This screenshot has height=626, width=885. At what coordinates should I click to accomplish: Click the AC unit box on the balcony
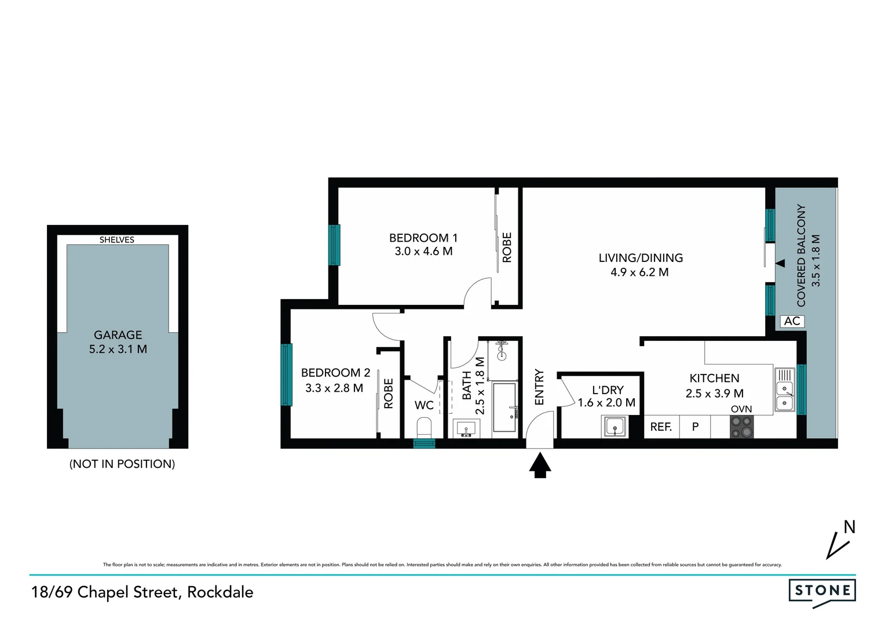[792, 321]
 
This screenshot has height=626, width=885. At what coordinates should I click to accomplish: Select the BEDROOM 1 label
[423, 238]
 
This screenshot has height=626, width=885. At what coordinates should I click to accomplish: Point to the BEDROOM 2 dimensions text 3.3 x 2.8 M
[334, 388]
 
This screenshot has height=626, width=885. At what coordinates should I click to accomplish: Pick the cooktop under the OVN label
[742, 427]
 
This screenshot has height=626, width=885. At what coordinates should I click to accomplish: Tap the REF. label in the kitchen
[661, 427]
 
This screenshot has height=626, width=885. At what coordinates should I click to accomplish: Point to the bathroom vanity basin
[466, 429]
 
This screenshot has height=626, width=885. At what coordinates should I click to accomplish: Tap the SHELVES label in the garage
[117, 239]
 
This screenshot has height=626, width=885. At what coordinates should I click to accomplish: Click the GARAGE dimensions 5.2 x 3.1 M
[118, 350]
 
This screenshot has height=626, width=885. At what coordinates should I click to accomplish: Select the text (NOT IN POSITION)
[122, 464]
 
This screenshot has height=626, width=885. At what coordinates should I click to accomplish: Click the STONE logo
[822, 591]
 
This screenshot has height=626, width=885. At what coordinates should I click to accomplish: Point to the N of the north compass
[849, 527]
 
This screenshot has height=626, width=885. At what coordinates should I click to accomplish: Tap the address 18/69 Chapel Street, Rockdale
[142, 592]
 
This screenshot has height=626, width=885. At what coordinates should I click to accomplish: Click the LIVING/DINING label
[641, 258]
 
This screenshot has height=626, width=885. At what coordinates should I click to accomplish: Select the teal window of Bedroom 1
[334, 245]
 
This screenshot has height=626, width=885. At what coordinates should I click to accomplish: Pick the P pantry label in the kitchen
[695, 427]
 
